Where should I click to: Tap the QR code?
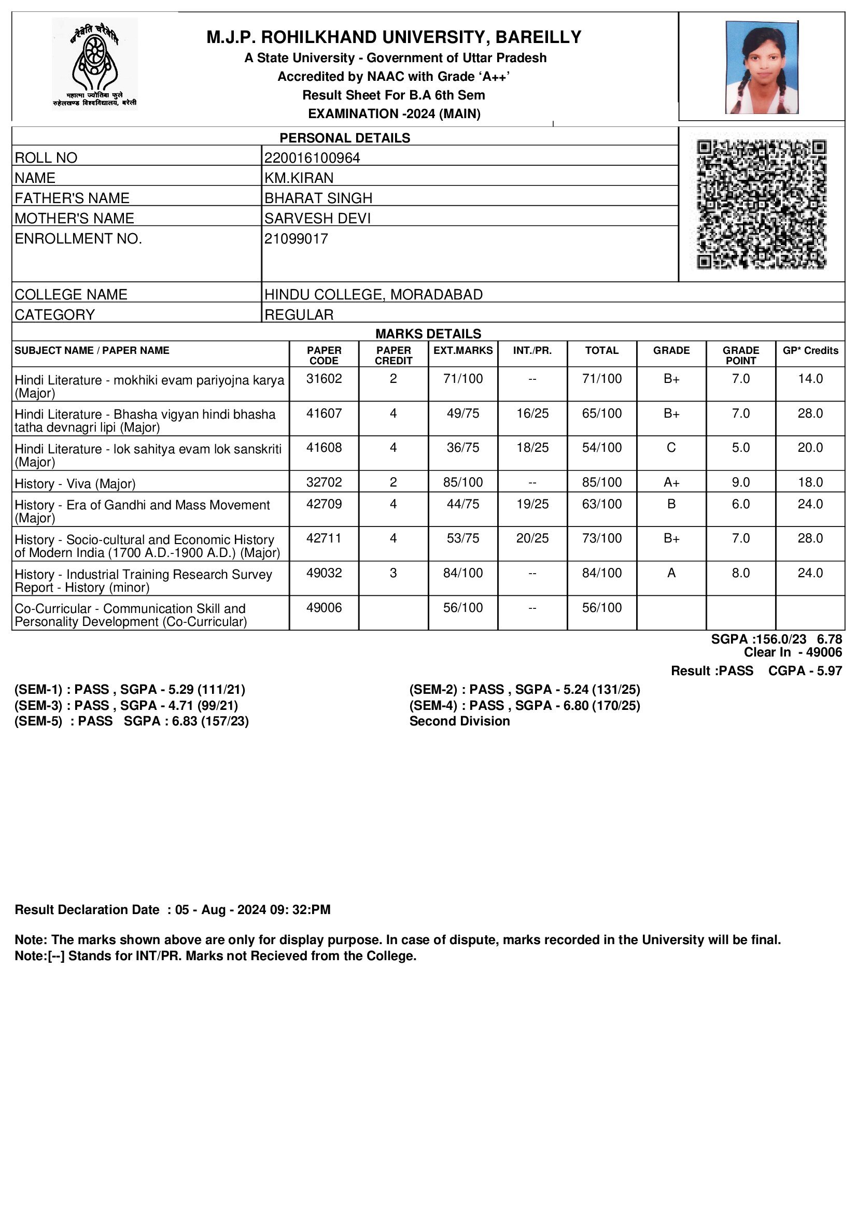(x=762, y=204)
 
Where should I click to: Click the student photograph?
(x=762, y=67)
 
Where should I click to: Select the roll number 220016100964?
(x=312, y=158)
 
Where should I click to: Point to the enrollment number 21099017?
(x=296, y=238)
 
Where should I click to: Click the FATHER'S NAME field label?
(x=72, y=198)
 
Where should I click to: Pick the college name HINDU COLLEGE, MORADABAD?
(x=373, y=294)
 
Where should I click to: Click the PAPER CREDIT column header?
(x=394, y=355)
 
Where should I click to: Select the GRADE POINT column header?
(x=741, y=355)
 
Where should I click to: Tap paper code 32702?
(x=324, y=482)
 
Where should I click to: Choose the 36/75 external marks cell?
(x=463, y=448)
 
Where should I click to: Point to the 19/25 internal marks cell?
(x=532, y=504)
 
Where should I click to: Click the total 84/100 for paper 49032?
(x=602, y=573)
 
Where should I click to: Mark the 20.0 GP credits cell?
(x=810, y=448)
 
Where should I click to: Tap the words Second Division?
(x=459, y=721)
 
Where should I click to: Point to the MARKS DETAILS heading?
(x=428, y=334)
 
